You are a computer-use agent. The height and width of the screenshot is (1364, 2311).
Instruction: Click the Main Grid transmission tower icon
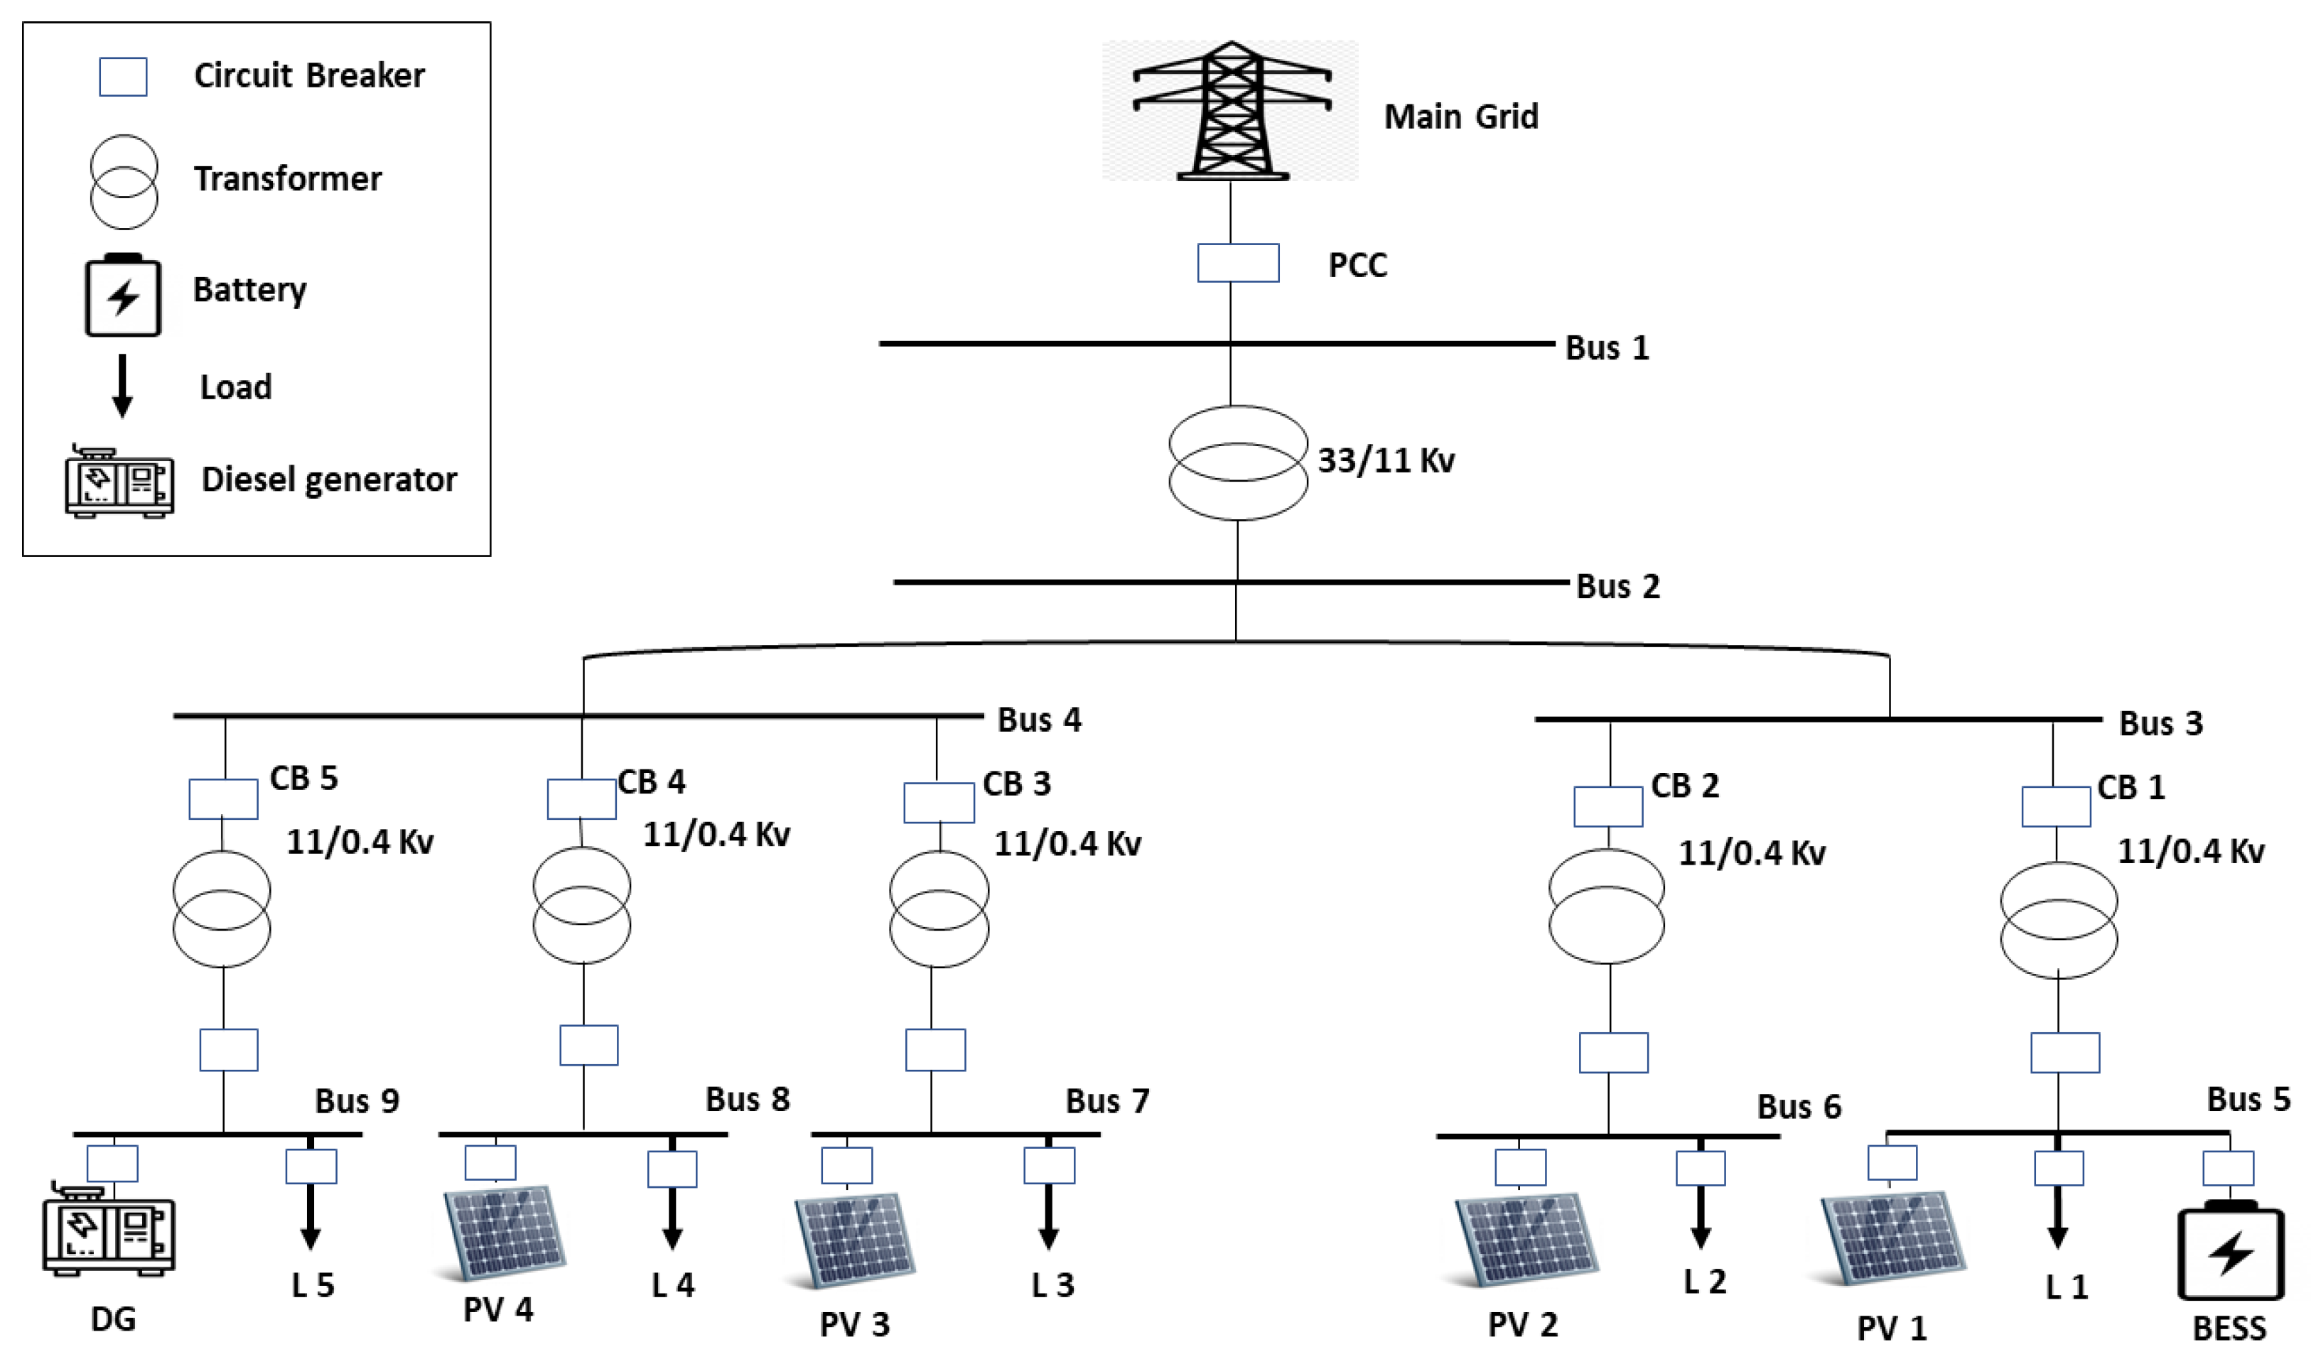pos(1231,110)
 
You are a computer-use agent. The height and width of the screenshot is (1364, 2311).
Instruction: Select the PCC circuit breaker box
pos(1237,263)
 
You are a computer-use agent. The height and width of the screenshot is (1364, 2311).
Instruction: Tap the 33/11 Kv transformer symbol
pos(1237,462)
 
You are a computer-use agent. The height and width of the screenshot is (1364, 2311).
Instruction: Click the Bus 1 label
pos(1607,348)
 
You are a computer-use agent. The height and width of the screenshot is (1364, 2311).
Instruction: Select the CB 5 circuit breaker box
pos(223,799)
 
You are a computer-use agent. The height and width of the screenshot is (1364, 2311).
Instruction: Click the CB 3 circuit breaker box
pos(939,802)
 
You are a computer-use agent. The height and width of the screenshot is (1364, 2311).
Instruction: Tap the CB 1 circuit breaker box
pos(2055,806)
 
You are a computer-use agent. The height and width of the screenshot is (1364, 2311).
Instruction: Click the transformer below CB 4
pos(581,905)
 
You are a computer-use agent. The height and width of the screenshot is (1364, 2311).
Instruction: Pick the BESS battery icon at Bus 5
pos(2230,1252)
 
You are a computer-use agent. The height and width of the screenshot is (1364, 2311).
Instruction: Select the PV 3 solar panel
pos(854,1239)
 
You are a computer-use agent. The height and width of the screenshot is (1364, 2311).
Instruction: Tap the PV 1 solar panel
pos(1892,1237)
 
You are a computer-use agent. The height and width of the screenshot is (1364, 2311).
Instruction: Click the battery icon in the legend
pos(123,296)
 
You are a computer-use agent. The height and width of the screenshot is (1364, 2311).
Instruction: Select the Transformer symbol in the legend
pos(123,182)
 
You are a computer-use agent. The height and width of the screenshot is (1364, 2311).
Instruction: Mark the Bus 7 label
pos(1106,1101)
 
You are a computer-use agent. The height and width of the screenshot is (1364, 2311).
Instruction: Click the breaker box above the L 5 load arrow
pos(311,1167)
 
